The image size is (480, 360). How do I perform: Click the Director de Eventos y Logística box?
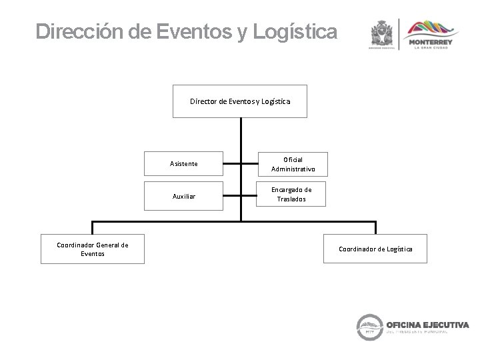tap(239, 101)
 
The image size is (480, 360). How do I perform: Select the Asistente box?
tap(183, 163)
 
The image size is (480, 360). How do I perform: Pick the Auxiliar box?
tap(183, 196)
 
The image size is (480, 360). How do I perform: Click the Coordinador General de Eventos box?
tap(93, 249)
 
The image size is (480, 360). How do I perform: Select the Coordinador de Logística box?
tap(375, 249)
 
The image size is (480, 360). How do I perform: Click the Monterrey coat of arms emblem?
tap(382, 34)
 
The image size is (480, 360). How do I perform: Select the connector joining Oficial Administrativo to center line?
tap(250, 163)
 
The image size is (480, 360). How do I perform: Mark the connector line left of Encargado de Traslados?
tap(250, 195)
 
